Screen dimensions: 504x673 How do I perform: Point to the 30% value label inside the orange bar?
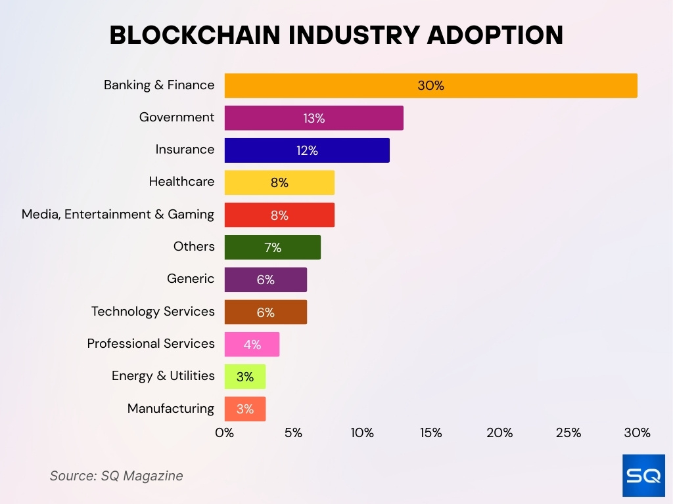click(x=430, y=85)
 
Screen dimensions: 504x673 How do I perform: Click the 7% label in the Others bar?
click(x=273, y=247)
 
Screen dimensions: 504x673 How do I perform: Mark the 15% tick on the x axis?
click(x=430, y=433)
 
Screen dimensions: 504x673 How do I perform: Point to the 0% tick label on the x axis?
click(x=225, y=433)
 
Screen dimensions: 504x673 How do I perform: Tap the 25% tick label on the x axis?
click(x=569, y=433)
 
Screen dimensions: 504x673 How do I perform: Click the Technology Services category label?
click(x=152, y=311)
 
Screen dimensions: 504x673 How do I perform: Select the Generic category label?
click(x=191, y=279)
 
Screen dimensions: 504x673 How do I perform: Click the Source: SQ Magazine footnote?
click(x=116, y=476)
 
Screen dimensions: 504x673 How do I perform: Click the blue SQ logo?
click(x=643, y=475)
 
